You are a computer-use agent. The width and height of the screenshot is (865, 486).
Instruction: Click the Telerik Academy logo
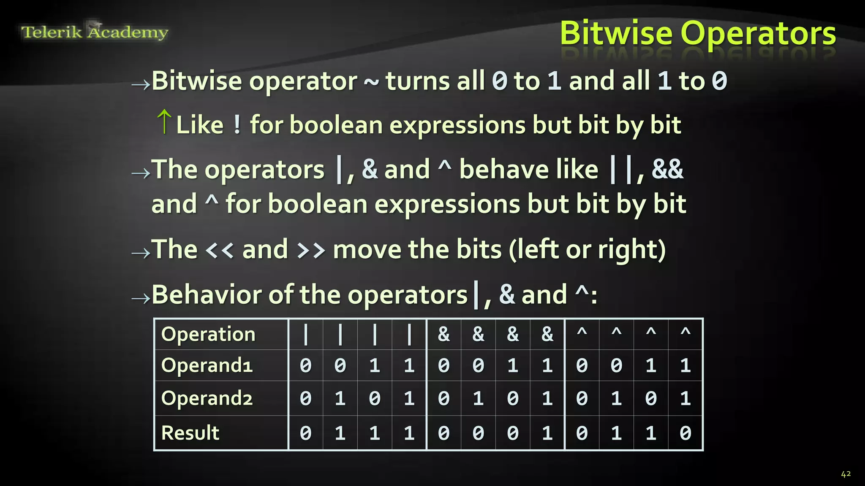click(95, 32)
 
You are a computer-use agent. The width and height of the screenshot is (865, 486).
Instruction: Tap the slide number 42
click(846, 474)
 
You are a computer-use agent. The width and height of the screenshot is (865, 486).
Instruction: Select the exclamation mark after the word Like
click(237, 125)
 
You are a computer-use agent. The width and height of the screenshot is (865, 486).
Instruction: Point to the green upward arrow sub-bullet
click(164, 121)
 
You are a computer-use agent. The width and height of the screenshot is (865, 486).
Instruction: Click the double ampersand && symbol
click(667, 170)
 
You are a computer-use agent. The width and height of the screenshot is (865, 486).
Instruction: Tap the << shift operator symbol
click(219, 250)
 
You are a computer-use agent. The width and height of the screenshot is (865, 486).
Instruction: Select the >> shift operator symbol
click(311, 250)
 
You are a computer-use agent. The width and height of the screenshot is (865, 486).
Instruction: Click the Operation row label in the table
click(208, 334)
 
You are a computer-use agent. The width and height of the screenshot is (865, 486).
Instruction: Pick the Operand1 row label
click(207, 365)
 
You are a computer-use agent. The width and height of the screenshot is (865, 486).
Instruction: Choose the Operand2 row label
click(207, 398)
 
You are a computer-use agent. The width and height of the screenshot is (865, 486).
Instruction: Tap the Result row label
click(190, 433)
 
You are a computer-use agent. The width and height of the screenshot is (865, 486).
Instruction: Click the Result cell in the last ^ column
click(685, 433)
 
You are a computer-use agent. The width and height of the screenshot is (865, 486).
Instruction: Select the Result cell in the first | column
click(305, 433)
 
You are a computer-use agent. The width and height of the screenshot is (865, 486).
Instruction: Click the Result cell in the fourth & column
click(547, 433)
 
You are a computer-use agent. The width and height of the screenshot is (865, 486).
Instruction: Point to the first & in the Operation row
click(443, 334)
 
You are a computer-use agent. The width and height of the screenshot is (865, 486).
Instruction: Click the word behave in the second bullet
click(528, 170)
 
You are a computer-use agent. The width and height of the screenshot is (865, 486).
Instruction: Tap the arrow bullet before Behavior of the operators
click(141, 299)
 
